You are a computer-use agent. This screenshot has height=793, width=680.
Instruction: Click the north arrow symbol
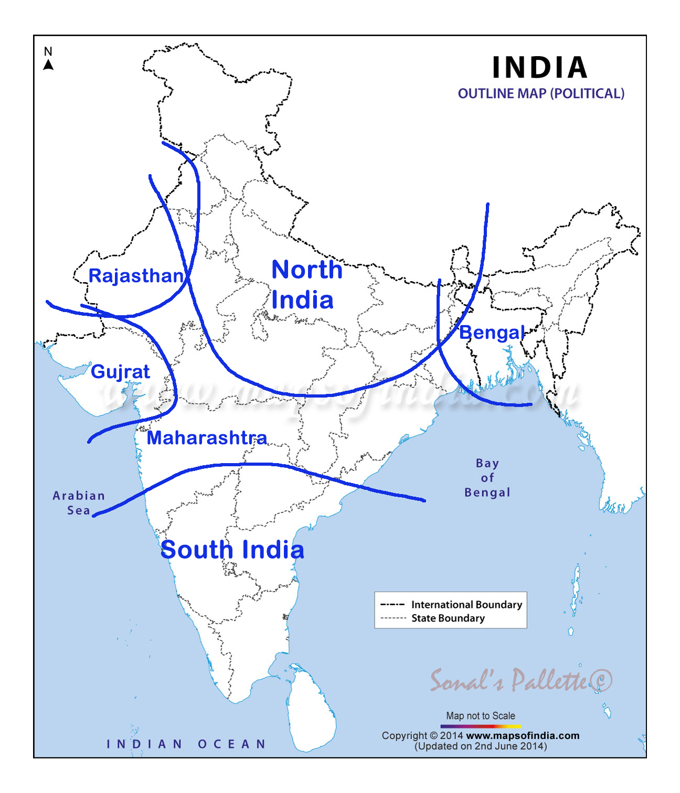(x=48, y=65)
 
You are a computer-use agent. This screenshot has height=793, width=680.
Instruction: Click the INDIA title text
(x=540, y=68)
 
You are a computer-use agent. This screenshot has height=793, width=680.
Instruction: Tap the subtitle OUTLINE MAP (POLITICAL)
(x=541, y=94)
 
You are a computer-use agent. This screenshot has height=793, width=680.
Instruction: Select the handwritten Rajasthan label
(x=136, y=276)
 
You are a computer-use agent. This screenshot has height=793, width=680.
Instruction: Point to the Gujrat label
(x=121, y=372)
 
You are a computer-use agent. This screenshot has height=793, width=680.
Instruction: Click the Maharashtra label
(x=207, y=438)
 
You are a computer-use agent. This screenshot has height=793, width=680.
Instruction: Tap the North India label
(x=306, y=285)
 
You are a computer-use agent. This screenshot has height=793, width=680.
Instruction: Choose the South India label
(x=232, y=550)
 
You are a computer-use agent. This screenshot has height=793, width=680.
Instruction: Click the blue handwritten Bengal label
(x=492, y=333)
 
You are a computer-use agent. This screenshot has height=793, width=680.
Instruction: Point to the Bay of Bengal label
(x=487, y=478)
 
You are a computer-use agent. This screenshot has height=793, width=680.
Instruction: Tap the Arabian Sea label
(x=79, y=503)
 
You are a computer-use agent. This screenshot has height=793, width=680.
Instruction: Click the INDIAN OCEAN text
(x=186, y=744)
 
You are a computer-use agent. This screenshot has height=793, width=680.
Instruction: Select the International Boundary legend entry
(x=466, y=605)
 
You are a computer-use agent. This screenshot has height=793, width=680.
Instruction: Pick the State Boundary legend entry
(x=448, y=618)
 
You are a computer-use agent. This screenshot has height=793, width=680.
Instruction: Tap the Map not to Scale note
(x=481, y=716)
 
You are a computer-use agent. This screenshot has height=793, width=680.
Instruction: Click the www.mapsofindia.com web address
(x=523, y=736)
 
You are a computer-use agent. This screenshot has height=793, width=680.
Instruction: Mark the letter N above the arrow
(x=48, y=51)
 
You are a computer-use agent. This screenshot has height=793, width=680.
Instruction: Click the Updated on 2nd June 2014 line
(x=481, y=746)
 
